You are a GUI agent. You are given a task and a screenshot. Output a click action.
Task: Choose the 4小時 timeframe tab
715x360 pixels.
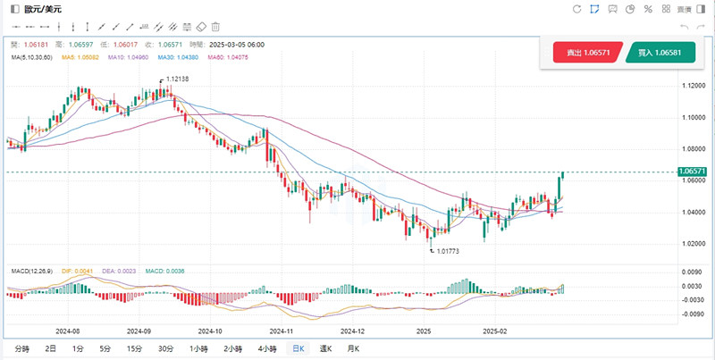coord(266,348)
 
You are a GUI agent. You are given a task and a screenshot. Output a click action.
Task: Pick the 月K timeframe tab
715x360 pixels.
coord(353,348)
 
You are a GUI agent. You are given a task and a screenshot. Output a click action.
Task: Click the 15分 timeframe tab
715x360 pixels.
coord(134,348)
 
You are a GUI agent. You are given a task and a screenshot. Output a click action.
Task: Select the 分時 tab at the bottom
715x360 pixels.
coord(21,348)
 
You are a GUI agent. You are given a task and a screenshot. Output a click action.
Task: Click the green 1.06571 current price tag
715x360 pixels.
coord(693,171)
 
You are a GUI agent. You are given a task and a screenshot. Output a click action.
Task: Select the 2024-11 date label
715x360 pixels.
coord(282,330)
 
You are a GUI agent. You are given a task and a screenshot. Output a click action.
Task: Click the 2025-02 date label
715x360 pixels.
coord(494,330)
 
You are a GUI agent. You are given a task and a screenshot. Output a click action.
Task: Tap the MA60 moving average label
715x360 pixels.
coord(226,57)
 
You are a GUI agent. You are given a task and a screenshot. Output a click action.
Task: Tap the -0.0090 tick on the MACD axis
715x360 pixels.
coord(691,314)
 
